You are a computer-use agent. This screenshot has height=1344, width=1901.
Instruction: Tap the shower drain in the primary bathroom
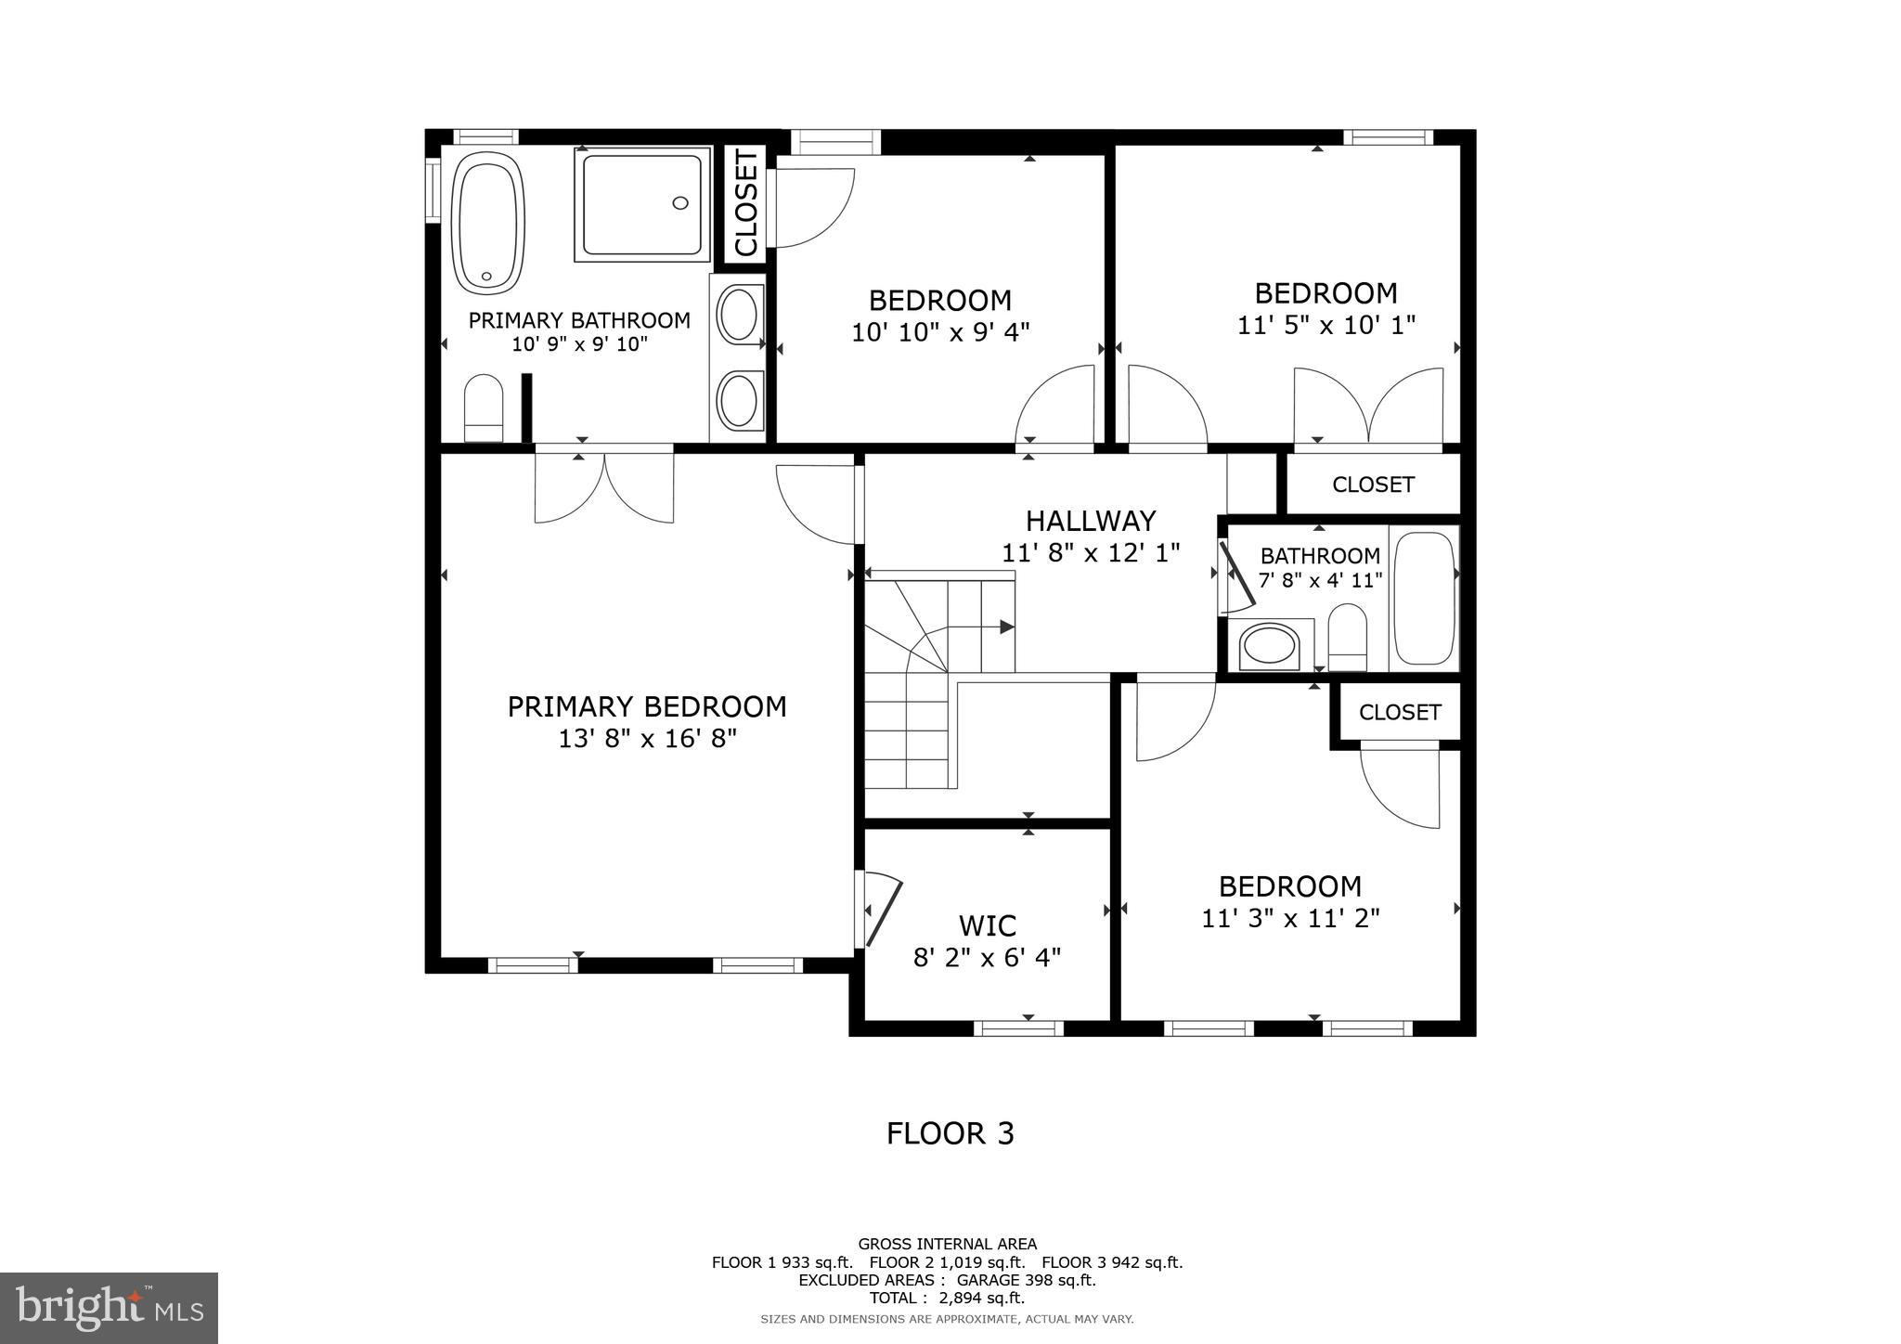[x=680, y=203]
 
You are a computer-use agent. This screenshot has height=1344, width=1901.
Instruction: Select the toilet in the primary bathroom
[x=483, y=408]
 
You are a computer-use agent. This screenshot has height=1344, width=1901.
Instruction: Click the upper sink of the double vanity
[x=739, y=315]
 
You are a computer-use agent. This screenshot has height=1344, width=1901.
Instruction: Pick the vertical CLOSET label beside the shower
[x=746, y=204]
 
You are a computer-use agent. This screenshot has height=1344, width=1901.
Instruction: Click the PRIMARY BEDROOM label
[x=647, y=707]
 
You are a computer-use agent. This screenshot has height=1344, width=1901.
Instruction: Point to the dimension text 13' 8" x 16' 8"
[x=647, y=739]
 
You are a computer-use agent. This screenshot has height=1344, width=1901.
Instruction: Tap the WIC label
[x=987, y=925]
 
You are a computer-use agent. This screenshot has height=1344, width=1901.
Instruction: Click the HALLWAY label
[x=1091, y=520]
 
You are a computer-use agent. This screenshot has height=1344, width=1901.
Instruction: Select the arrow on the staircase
[x=1006, y=627]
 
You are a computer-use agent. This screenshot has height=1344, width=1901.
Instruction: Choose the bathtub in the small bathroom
[x=1424, y=598]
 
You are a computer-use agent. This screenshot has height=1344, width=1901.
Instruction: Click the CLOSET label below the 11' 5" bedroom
[x=1373, y=485]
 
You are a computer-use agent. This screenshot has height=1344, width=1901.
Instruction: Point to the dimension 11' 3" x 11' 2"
[x=1290, y=919]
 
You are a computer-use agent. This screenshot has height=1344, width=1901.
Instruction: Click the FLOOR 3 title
[x=950, y=1133]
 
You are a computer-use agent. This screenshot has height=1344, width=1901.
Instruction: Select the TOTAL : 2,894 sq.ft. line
[x=946, y=1298]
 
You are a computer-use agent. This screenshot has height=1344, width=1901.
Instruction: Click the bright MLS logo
[x=109, y=1308]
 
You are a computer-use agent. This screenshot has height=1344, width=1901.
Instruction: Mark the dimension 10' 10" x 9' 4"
[x=940, y=331]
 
